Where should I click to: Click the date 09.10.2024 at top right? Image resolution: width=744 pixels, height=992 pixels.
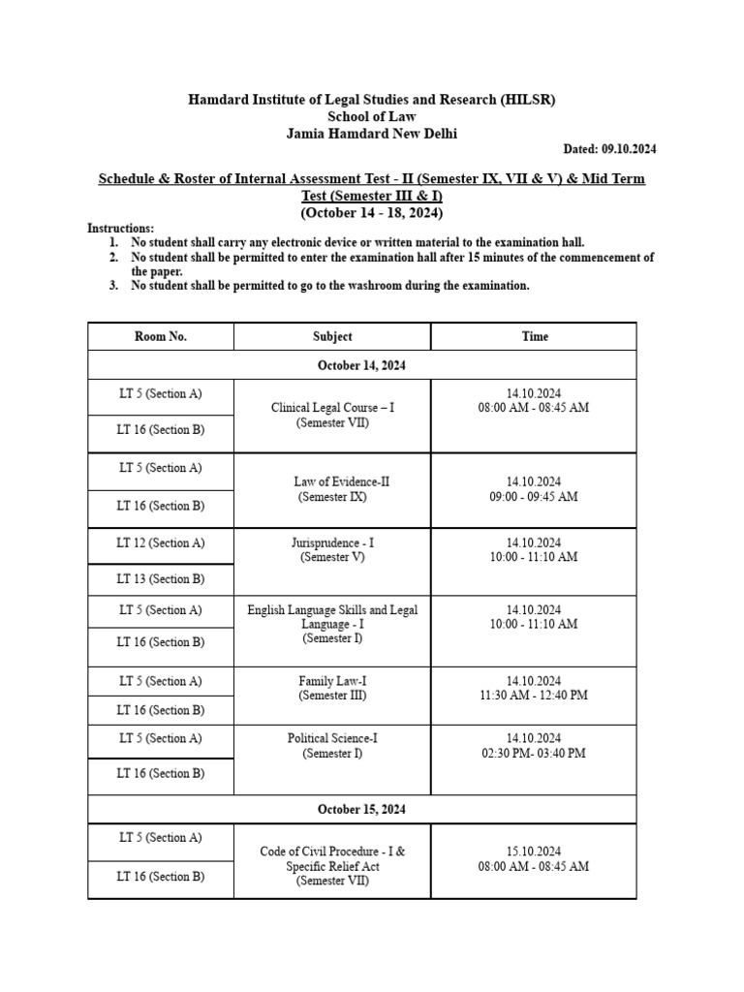click(x=609, y=149)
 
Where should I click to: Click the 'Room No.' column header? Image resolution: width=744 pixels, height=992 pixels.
click(x=161, y=336)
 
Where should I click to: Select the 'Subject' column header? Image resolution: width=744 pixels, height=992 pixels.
click(x=332, y=336)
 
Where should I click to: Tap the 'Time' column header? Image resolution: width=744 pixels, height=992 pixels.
click(x=534, y=336)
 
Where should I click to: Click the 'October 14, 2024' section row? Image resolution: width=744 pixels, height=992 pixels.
click(x=362, y=365)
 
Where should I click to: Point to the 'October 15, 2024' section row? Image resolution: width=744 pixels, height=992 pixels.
click(x=362, y=809)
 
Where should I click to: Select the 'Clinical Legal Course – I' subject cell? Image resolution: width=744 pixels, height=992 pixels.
click(x=332, y=416)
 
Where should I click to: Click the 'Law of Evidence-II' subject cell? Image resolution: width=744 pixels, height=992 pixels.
click(x=332, y=489)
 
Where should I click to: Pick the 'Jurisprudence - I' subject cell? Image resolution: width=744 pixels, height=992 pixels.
click(x=332, y=550)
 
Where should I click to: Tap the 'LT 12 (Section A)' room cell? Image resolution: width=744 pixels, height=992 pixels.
click(x=161, y=543)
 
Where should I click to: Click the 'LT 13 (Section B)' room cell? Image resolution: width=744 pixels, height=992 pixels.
click(x=161, y=579)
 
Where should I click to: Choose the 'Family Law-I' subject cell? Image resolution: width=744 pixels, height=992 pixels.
click(x=332, y=688)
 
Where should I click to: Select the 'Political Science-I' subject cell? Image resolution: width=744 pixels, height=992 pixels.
click(x=332, y=745)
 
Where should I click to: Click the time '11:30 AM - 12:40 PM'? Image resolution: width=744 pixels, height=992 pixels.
click(x=533, y=696)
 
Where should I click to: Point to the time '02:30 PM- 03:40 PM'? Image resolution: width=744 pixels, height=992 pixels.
click(x=533, y=753)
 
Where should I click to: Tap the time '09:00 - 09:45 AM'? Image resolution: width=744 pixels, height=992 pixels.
click(x=533, y=496)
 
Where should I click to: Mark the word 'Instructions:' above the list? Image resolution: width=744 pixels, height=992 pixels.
click(x=120, y=228)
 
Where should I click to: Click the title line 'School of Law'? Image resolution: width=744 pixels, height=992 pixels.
click(x=372, y=117)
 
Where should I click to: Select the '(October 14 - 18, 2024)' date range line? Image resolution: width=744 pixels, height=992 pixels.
click(x=372, y=212)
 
